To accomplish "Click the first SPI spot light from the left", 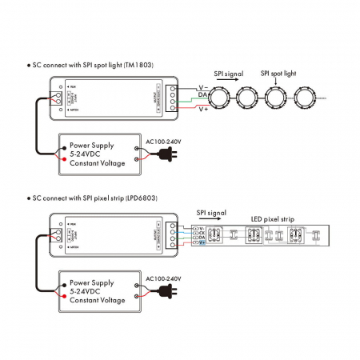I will [218, 101].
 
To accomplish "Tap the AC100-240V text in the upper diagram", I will [163, 142].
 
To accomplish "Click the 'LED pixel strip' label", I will [273, 218].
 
